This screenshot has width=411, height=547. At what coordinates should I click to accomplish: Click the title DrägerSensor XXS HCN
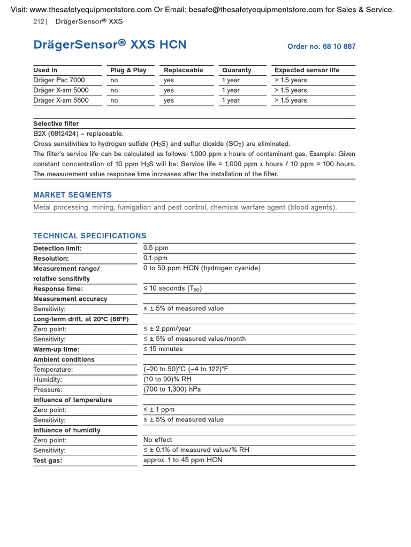click(110, 45)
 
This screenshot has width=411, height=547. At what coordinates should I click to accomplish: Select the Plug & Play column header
click(128, 70)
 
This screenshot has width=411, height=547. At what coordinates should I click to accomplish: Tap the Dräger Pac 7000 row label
click(59, 80)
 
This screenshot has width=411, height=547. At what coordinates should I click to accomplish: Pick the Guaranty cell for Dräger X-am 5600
click(231, 100)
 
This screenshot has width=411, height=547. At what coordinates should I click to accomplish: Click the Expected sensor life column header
click(307, 70)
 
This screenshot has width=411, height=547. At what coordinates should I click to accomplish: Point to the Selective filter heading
click(56, 124)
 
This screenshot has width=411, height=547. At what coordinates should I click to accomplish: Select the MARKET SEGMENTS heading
click(73, 195)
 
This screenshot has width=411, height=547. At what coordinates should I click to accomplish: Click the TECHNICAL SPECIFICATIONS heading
click(90, 236)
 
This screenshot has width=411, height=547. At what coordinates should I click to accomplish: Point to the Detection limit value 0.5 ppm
click(156, 248)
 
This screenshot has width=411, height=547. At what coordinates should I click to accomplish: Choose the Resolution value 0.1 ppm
click(155, 258)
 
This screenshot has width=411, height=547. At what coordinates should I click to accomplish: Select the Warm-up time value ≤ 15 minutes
click(163, 349)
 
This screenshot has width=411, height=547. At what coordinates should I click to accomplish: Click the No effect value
click(158, 440)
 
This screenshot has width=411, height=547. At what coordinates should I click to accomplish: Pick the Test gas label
click(48, 460)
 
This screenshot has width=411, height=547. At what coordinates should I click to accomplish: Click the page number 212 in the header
click(39, 21)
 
